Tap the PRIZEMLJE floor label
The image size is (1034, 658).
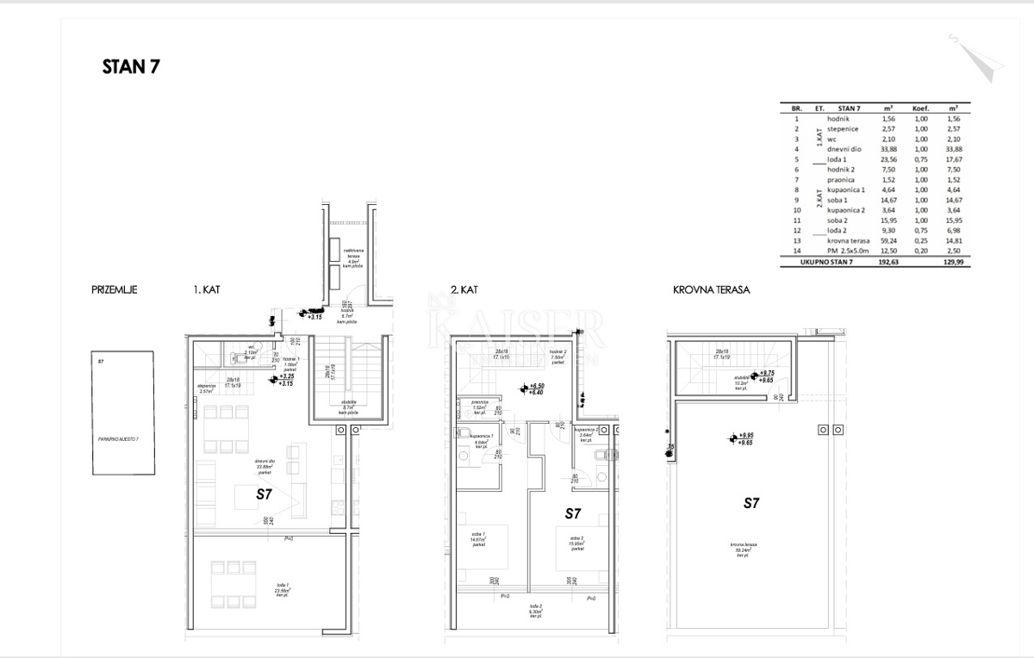click(114, 290)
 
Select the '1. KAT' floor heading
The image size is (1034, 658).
click(207, 290)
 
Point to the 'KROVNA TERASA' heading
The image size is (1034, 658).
click(711, 290)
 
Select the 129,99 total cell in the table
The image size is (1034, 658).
click(953, 261)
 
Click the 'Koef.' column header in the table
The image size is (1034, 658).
click(921, 109)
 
